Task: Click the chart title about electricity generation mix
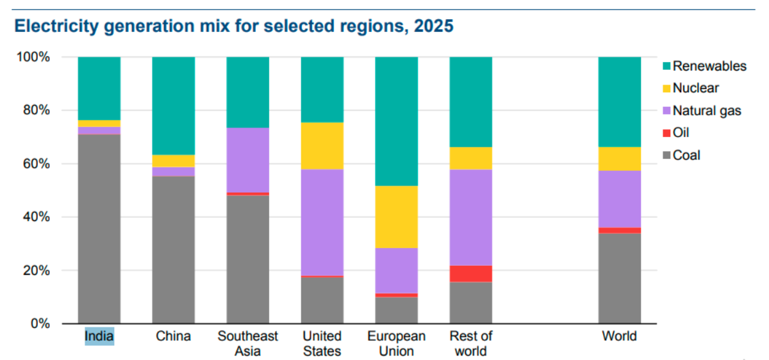click(x=234, y=27)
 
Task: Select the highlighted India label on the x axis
click(x=99, y=336)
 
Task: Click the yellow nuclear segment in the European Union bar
click(x=396, y=217)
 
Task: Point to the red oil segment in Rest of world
click(x=470, y=274)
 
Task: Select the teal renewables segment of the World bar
click(x=619, y=102)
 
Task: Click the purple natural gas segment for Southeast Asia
click(x=247, y=160)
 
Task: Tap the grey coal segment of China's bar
click(x=173, y=250)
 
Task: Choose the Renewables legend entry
click(x=709, y=66)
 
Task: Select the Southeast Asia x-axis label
click(x=247, y=343)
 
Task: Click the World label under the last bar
click(x=619, y=336)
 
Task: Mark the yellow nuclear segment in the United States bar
click(x=322, y=145)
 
